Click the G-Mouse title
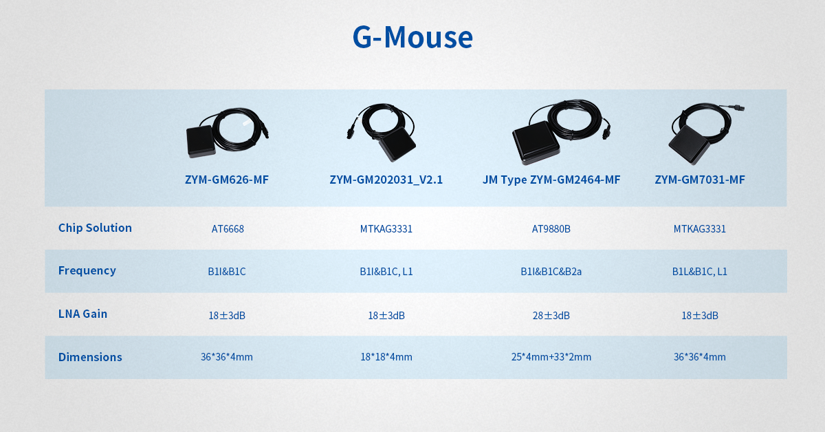(x=412, y=37)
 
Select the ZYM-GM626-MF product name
(x=227, y=180)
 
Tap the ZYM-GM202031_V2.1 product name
(x=386, y=180)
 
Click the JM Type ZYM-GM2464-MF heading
(x=551, y=180)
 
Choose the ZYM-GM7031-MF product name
(x=700, y=180)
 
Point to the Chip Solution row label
(x=95, y=228)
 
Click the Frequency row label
(x=87, y=270)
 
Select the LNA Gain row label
(x=83, y=314)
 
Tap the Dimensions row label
(x=90, y=357)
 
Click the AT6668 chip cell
(x=228, y=229)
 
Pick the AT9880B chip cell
(x=551, y=229)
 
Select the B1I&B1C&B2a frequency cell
(x=551, y=272)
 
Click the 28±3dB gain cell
(x=551, y=316)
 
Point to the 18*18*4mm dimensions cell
(x=386, y=357)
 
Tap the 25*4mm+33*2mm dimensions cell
(x=551, y=357)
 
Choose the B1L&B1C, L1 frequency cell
(x=700, y=272)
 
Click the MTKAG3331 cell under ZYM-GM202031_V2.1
(x=386, y=229)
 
